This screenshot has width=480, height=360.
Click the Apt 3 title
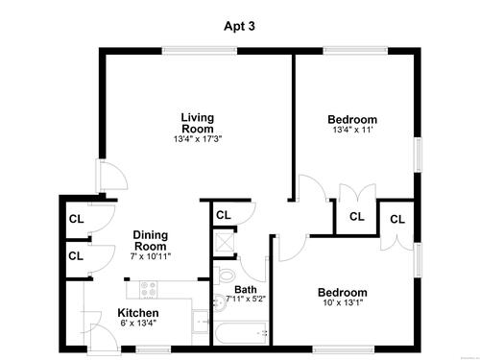pos(239,26)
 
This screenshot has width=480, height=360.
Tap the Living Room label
pos(198,123)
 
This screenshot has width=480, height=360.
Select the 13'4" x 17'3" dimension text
pos(198,139)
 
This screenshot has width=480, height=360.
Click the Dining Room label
pos(151,241)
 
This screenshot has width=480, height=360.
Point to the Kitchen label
pos(138,313)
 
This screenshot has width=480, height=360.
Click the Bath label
pos(246,290)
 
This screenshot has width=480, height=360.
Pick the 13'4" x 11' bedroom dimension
pos(352,130)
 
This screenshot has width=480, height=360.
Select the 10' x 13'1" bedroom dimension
pos(343,302)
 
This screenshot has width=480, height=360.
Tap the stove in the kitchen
pos(149,289)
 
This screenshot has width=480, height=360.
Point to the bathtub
pos(240,333)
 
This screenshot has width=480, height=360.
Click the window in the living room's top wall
pos(200,51)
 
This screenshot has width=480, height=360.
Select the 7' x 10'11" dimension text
pos(151,256)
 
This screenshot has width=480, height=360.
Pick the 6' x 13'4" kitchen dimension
pos(138,323)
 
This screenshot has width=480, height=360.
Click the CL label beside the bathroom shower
pos(224,215)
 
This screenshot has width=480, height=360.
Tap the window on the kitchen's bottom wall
pos(153,349)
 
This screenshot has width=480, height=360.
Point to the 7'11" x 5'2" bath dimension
pos(246,299)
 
